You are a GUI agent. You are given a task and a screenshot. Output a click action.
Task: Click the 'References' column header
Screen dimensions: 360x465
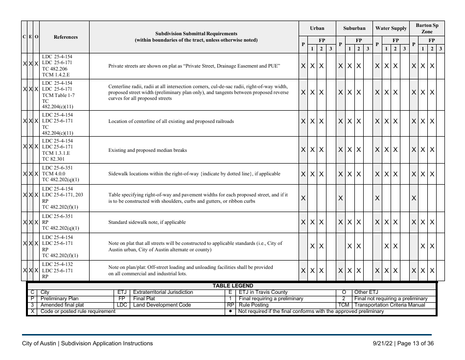[65, 37]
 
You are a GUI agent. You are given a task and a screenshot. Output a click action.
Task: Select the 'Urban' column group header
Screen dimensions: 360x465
[317, 28]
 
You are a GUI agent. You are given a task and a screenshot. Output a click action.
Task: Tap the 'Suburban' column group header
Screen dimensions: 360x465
[354, 28]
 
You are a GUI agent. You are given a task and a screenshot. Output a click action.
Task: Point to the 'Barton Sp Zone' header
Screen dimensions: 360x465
[427, 28]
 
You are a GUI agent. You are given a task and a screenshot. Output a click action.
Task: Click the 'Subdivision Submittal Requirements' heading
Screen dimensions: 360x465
[196, 34]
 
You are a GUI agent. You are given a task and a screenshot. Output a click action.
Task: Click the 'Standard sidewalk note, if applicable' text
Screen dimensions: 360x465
[147, 222]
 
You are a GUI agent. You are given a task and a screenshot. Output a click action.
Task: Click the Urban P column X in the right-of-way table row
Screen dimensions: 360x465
[303, 198]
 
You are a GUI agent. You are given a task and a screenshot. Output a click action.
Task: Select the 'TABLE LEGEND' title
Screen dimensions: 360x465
[232, 286]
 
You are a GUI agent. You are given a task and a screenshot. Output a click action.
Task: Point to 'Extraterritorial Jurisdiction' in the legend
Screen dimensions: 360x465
[163, 292]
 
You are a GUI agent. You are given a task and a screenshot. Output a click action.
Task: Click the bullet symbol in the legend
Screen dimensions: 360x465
[230, 312]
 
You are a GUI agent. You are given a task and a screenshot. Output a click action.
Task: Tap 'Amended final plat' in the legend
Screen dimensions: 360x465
[62, 305]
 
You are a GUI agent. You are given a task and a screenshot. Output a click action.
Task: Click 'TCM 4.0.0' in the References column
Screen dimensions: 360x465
[54, 173]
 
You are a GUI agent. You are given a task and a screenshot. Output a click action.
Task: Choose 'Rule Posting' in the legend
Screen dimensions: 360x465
[254, 305]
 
